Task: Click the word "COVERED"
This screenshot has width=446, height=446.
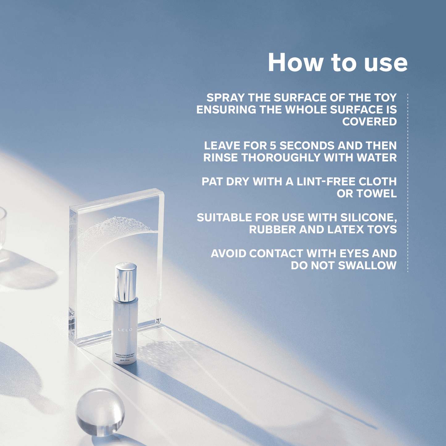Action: (x=369, y=122)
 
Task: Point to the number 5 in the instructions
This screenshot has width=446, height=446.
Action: (x=273, y=146)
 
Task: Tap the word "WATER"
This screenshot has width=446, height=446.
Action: (x=377, y=158)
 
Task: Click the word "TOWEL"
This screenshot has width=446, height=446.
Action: (x=377, y=194)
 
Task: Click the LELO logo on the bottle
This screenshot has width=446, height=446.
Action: (x=125, y=330)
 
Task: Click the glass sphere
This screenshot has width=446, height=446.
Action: (x=100, y=412)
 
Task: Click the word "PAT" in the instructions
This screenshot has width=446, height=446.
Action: (x=212, y=181)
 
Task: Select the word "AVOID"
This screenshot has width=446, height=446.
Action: (x=229, y=253)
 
